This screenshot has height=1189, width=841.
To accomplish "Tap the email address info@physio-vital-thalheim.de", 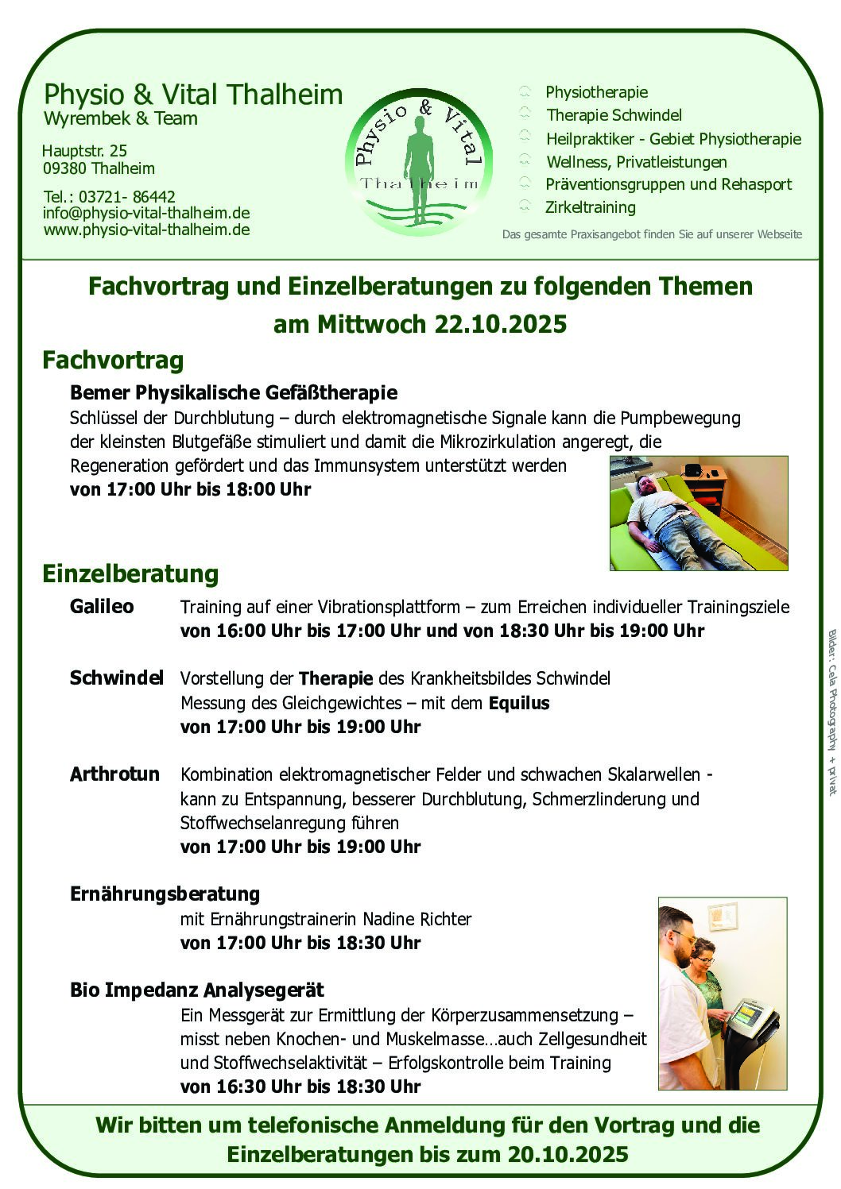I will pos(146,213).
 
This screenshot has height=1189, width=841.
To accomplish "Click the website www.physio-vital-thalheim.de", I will pos(146,230).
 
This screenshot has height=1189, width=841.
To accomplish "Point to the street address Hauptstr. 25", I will pos(84,151).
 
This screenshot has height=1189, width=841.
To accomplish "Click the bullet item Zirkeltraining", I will pos(590,207).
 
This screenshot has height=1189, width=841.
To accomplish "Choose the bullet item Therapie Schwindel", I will pos(614,115).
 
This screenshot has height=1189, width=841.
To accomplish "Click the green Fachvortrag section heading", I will pos(113,360).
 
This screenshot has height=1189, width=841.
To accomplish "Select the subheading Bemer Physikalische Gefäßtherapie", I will pos(234,392).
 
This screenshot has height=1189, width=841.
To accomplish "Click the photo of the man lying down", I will pos(698,512).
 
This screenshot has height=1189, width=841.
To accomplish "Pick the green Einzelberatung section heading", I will pos(130,573).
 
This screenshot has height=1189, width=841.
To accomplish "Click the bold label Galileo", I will pos(102,606).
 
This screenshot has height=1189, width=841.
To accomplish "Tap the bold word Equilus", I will pos(519,703).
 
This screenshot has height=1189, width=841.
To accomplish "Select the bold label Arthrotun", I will pos(114,774).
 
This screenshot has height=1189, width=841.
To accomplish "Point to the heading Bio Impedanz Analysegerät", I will pos(197,990).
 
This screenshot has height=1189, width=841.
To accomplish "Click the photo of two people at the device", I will pos(722,993).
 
